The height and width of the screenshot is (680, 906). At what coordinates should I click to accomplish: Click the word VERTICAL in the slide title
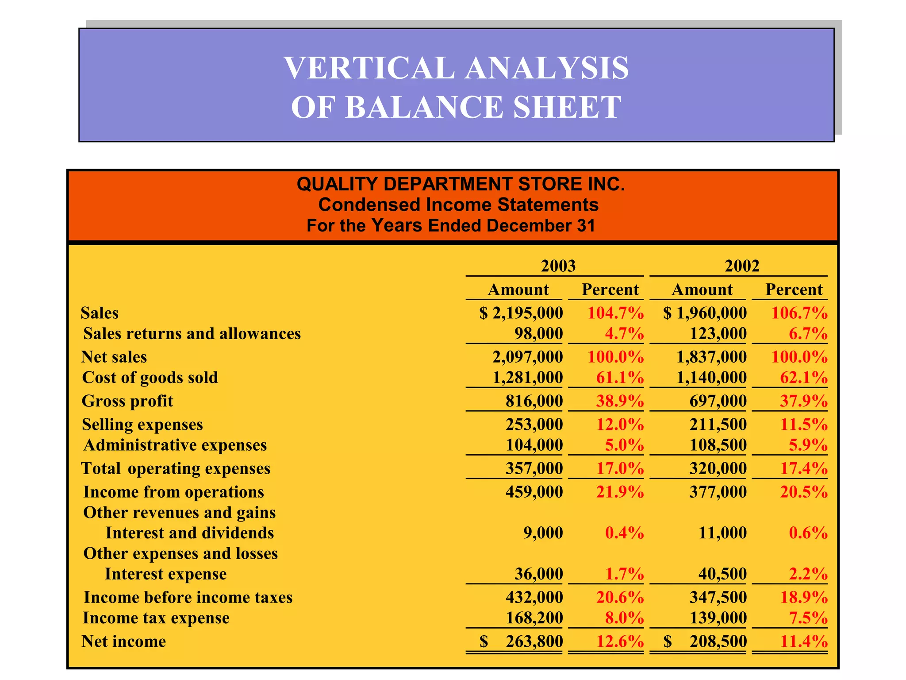point(369,68)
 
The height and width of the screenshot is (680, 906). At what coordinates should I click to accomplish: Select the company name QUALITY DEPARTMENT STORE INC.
point(461,184)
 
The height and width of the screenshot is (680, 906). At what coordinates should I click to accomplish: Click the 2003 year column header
point(558,266)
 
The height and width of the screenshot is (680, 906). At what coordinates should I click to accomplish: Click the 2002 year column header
point(742,266)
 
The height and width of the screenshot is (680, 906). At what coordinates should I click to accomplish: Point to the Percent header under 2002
point(794,290)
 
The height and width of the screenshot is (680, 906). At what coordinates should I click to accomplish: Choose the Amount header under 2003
point(518,290)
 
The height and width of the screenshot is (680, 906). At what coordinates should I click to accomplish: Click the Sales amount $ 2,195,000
point(521,313)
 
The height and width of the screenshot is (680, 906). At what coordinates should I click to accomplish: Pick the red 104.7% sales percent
point(615,313)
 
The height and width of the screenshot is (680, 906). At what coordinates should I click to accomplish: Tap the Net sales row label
point(114,357)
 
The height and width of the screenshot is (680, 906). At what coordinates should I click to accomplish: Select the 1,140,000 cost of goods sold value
point(711,378)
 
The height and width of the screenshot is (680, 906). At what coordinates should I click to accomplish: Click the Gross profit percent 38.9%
point(620,401)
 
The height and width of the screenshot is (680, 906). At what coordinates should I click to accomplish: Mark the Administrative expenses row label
point(175,445)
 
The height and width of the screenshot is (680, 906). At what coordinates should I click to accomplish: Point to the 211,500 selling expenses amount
point(718,425)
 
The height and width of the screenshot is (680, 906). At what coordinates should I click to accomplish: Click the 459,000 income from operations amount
point(534,492)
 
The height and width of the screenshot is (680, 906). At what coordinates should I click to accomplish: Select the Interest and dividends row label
point(190,533)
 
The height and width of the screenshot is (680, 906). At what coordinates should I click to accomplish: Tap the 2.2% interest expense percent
point(808,574)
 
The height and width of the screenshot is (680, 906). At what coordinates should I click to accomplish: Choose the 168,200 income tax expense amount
point(534,618)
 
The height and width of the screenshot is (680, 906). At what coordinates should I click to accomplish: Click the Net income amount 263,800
point(534,641)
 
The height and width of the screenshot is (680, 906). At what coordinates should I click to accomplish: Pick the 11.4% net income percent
point(804,641)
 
